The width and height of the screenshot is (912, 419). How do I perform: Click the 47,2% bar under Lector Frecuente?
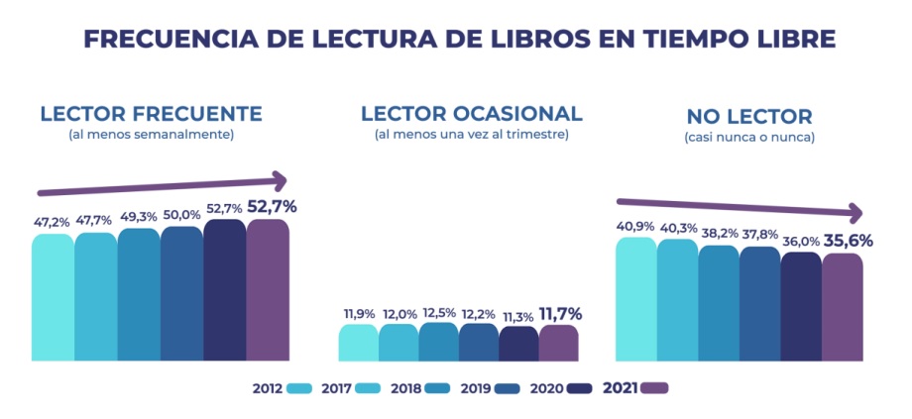pyautogui.click(x=53, y=297)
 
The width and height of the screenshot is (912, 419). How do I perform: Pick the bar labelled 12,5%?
pyautogui.click(x=438, y=341)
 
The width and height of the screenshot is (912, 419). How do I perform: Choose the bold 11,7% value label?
pyautogui.click(x=559, y=314)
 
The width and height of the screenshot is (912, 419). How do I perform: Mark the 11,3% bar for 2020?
pyautogui.click(x=517, y=344)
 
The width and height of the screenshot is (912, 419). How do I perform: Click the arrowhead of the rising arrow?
pyautogui.click(x=281, y=180)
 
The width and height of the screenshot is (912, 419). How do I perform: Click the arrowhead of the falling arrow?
pyautogui.click(x=855, y=213)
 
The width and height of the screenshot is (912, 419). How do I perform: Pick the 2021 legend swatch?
pyautogui.click(x=655, y=388)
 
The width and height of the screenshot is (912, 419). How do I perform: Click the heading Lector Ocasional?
pyautogui.click(x=471, y=113)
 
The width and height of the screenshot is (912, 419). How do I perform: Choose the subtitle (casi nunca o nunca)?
pyautogui.click(x=749, y=138)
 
